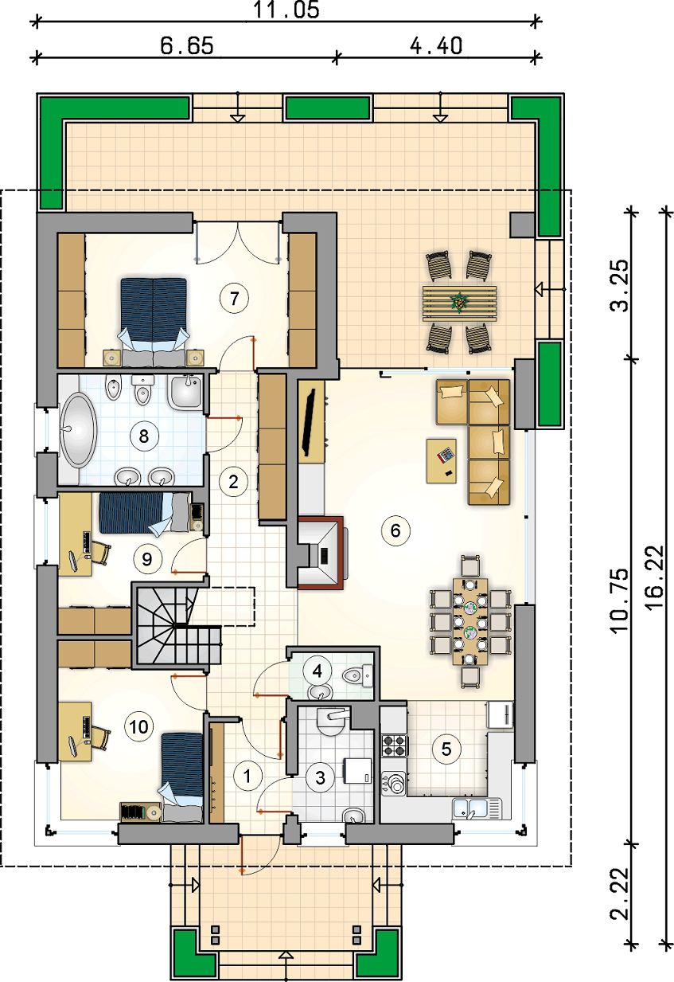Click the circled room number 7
pos(234,299)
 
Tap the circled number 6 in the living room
pos(395,530)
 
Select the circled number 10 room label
pos(139,727)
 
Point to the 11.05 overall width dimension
pos(286,10)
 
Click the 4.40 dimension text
pos(436,45)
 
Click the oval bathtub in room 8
pos(79,429)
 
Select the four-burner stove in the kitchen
pos(394,746)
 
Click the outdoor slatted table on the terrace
pos(459,303)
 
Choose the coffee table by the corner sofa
pos(442,461)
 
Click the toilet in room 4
pos(358,675)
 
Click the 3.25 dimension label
pos(619,286)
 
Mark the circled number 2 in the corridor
pos(233,482)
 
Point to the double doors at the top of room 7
pos(237,243)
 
